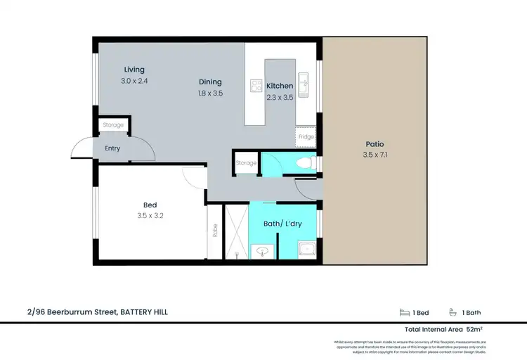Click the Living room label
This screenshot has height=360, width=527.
[x=134, y=70]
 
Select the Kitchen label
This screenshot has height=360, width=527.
[x=280, y=86]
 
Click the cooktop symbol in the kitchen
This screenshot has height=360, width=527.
[x=256, y=86]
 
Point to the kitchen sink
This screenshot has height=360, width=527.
[x=304, y=84]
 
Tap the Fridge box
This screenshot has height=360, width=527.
[x=306, y=136]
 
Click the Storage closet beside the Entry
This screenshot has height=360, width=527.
[x=113, y=125]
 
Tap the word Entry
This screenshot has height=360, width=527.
[x=112, y=148]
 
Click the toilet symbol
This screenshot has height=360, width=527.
[x=305, y=164]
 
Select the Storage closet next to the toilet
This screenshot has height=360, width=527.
[x=246, y=163]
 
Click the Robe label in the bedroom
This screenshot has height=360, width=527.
[x=214, y=231]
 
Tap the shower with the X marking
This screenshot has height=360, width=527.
[x=235, y=231]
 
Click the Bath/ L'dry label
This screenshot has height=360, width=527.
[x=282, y=223]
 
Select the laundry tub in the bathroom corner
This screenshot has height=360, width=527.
[x=306, y=249]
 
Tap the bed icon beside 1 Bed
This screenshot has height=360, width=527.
[x=404, y=313]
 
